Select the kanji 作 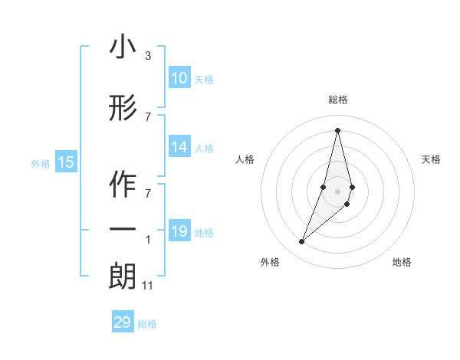(x=123, y=185)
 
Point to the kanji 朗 (x=123, y=277)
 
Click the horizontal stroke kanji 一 (x=123, y=230)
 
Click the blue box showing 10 (x=179, y=78)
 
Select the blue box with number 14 (x=179, y=147)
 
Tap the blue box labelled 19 (x=179, y=231)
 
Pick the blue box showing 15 (x=66, y=162)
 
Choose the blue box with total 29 (x=123, y=322)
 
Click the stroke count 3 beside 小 (x=148, y=56)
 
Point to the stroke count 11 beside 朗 (x=148, y=286)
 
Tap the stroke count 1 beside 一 (x=148, y=240)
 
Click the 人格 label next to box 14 (x=204, y=148)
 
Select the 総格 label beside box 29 (x=148, y=324)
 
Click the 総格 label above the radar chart (x=337, y=100)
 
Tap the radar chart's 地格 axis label (x=402, y=262)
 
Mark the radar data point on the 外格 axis (x=302, y=242)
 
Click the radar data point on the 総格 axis (x=337, y=130)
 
